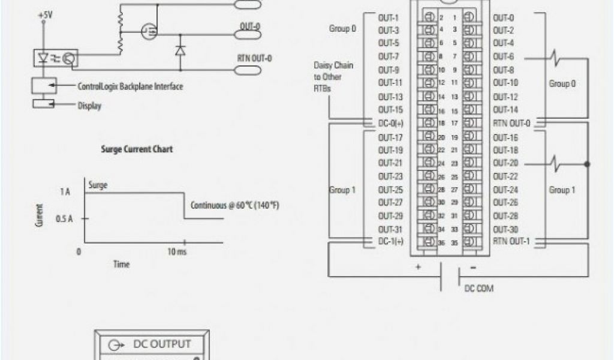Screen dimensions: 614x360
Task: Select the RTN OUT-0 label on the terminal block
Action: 511,122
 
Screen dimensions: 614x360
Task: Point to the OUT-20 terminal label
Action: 505,163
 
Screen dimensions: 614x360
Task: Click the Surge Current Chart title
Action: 136,149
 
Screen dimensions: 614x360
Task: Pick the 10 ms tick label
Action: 176,253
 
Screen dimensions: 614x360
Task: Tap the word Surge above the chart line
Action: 98,185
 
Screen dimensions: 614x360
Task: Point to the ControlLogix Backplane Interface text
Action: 130,86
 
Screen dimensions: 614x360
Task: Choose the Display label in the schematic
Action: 89,106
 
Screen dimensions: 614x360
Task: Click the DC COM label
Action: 480,289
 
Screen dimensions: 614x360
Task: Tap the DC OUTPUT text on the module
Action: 161,344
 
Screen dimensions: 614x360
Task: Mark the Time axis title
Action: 122,264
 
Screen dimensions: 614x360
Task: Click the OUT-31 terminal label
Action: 390,229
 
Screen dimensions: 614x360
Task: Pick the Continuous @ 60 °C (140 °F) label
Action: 235,205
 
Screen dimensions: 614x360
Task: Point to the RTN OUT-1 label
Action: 511,242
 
